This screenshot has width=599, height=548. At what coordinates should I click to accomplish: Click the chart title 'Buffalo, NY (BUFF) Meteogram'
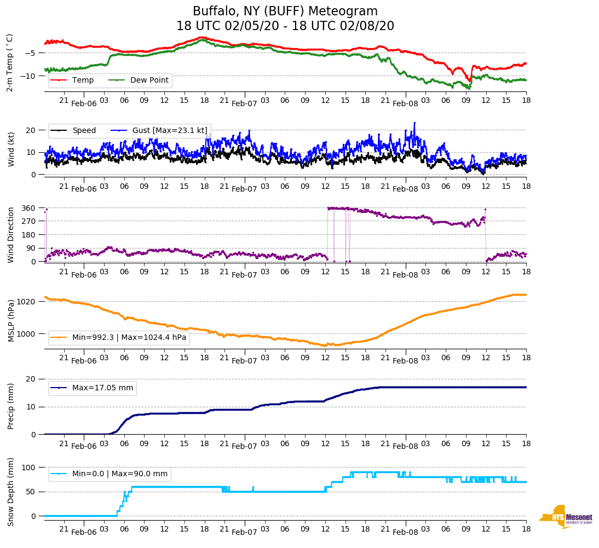(285, 11)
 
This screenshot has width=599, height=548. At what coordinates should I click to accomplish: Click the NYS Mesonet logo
(566, 516)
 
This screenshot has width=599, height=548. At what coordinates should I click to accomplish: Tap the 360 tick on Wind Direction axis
(30, 208)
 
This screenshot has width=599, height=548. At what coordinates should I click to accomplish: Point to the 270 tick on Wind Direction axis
(30, 221)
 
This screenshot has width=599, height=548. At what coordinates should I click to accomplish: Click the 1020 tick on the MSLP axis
(27, 302)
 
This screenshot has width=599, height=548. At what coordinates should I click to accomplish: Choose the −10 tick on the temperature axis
(30, 76)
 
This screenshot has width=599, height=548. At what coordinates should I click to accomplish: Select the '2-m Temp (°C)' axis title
(10, 62)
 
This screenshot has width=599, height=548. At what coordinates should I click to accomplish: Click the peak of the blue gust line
(414, 123)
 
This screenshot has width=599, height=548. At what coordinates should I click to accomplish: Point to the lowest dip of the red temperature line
(469, 81)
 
